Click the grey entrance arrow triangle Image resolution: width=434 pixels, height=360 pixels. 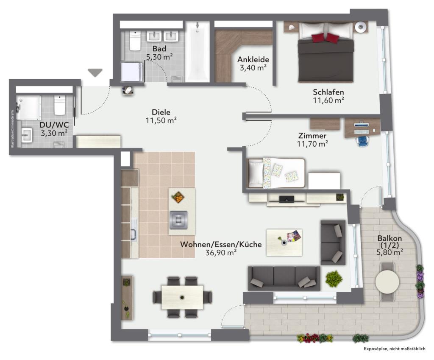pyautogui.click(x=95, y=72)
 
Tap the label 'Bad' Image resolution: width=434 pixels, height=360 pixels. pyautogui.click(x=159, y=49)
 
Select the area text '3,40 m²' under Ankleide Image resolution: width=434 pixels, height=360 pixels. pyautogui.click(x=253, y=67)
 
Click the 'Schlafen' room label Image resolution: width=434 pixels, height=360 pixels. pyautogui.click(x=328, y=92)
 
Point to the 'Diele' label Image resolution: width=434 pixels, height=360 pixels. pyautogui.click(x=161, y=112)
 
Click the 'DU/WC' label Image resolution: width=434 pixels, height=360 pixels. pyautogui.click(x=54, y=125)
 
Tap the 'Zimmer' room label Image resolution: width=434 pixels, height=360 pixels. pyautogui.click(x=312, y=136)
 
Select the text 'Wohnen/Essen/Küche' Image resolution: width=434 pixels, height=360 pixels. pyautogui.click(x=221, y=245)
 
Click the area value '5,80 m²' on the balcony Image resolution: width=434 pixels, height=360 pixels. pyautogui.click(x=389, y=252)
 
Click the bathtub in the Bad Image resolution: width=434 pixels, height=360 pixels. pyautogui.click(x=198, y=52)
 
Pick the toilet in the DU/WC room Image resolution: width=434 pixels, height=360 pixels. pyautogui.click(x=59, y=105)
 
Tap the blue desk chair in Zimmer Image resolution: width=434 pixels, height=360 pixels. pyautogui.click(x=363, y=141)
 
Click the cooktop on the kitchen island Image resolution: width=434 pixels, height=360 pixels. pyautogui.click(x=178, y=220)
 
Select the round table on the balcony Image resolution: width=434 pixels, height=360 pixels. pyautogui.click(x=387, y=282)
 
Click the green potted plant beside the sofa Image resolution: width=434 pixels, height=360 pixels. pyautogui.click(x=334, y=279)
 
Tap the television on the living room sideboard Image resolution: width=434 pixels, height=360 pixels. pyautogui.click(x=287, y=198)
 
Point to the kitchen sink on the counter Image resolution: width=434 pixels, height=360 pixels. pyautogui.click(x=134, y=229)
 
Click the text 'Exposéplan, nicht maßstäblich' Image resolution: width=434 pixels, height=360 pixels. pyautogui.click(x=395, y=349)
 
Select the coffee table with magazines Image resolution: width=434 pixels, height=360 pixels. pyautogui.click(x=284, y=242)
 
